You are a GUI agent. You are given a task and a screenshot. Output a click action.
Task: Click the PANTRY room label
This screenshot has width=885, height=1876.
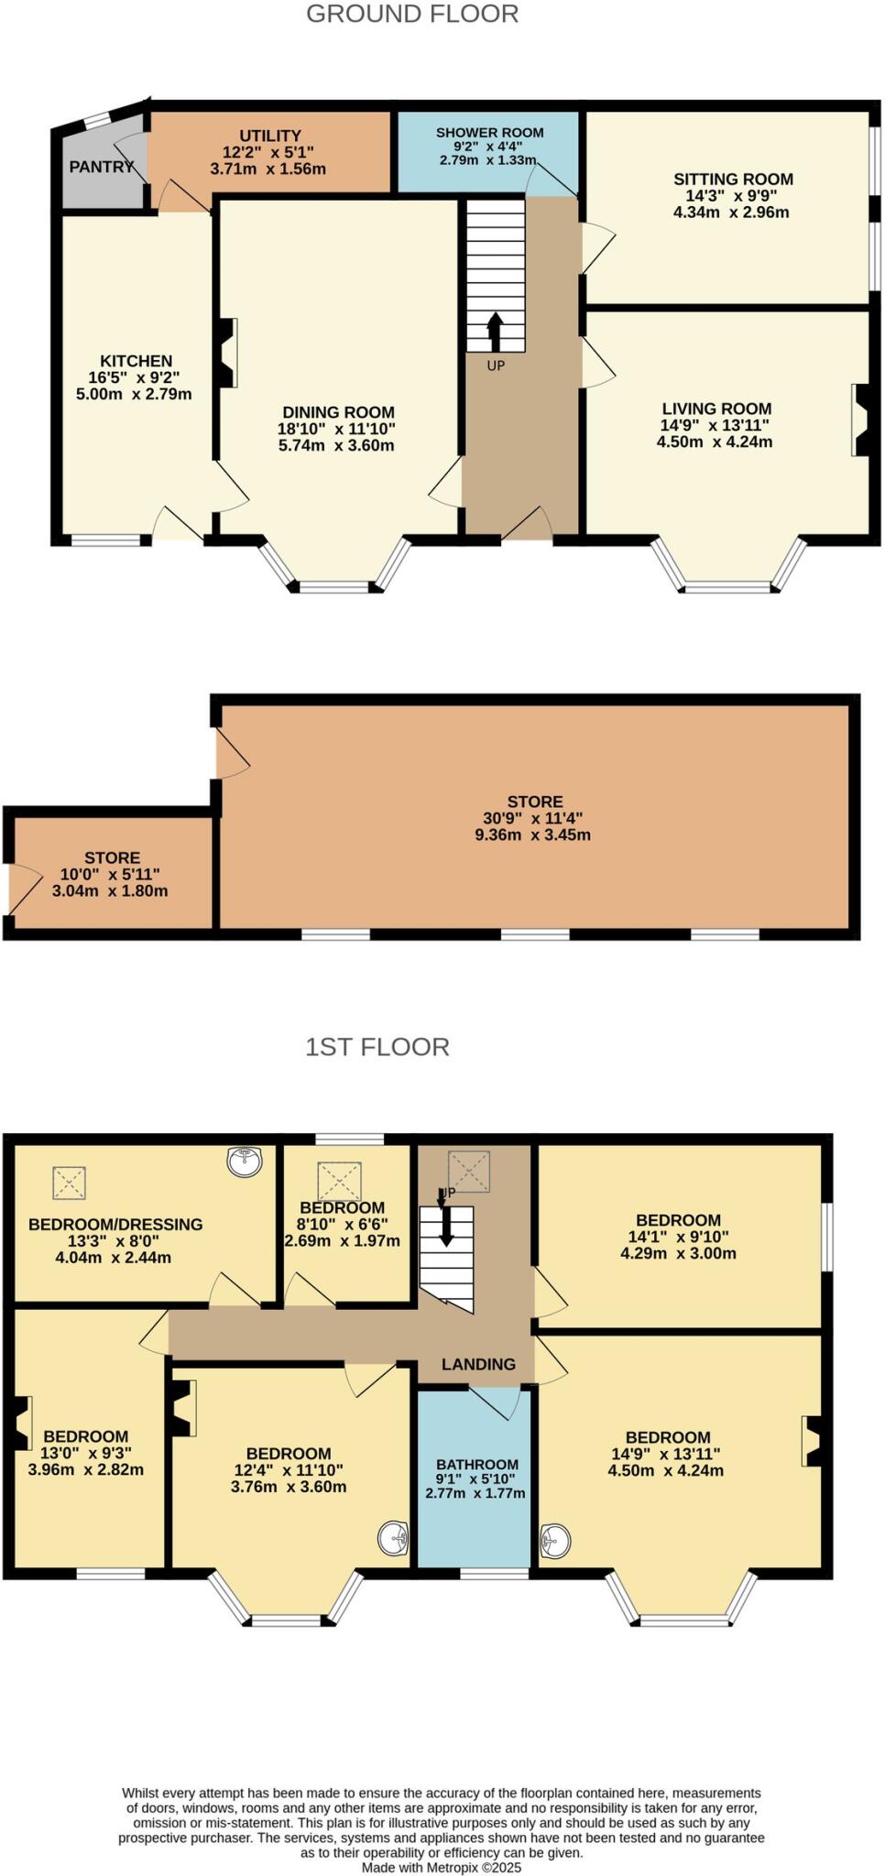point(101,167)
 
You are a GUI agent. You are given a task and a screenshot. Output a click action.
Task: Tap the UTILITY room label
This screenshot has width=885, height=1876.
point(270,136)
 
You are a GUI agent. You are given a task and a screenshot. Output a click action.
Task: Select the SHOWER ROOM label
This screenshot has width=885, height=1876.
point(489,133)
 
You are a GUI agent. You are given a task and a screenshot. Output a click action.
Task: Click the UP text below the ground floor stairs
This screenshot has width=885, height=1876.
point(496,365)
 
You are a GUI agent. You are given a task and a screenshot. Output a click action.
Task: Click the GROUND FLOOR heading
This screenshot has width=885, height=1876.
point(412,14)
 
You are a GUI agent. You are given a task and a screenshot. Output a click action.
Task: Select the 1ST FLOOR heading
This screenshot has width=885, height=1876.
point(377,1047)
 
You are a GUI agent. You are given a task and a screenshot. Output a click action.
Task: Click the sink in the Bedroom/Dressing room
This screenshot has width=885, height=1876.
point(245,1162)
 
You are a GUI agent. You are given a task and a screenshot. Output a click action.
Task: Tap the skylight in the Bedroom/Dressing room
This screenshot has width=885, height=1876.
point(69,1183)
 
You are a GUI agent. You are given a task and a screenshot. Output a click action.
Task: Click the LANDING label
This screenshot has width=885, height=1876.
point(478,1364)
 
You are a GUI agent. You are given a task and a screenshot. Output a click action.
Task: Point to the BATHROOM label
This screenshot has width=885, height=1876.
point(476,1465)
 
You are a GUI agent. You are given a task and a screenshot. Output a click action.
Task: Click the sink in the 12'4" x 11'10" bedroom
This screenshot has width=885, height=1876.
point(394,1538)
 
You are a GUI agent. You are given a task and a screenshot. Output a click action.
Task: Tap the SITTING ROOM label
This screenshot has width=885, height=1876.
point(733,180)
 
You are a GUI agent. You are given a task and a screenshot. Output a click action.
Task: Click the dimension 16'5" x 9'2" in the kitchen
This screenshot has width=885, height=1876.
point(136,377)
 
